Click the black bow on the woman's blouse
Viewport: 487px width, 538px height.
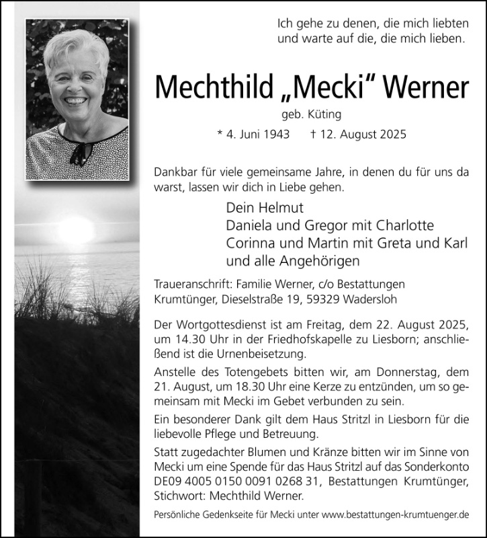pyautogui.click(x=79, y=152)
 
